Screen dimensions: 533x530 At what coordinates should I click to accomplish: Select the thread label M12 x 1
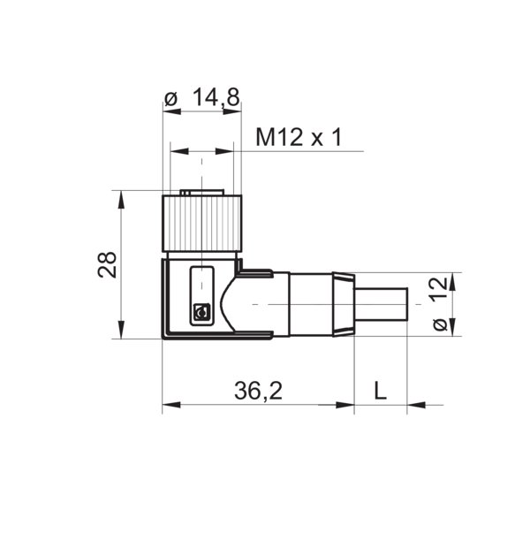click(298, 138)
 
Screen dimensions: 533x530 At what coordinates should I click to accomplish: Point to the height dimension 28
click(107, 264)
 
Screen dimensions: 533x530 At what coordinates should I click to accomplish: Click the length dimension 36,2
click(259, 390)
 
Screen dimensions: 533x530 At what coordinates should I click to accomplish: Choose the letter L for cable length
click(380, 390)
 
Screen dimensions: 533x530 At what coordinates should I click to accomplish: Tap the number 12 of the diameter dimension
click(437, 291)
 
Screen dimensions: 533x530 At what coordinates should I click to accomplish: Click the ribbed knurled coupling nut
click(201, 223)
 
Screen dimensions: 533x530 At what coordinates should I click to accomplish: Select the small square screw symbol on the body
click(201, 312)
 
